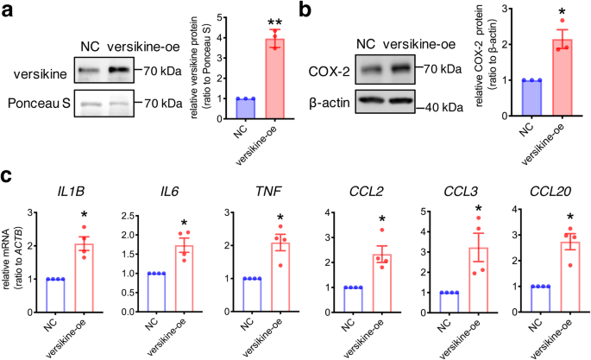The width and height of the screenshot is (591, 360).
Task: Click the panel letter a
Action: [x=8, y=10]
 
